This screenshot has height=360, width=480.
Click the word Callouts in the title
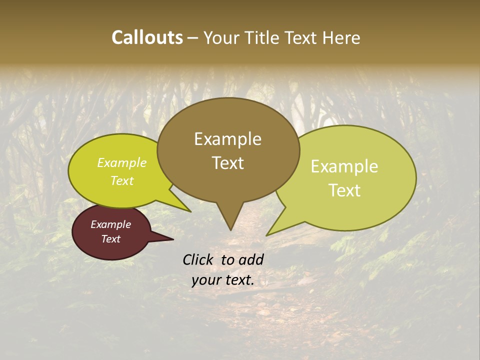click(x=147, y=37)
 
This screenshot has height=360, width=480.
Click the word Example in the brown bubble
click(x=227, y=139)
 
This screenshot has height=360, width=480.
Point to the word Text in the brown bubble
click(x=227, y=163)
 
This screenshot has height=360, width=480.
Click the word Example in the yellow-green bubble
click(x=122, y=163)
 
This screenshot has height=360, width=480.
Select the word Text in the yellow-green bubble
click(x=122, y=180)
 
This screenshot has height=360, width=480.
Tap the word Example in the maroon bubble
click(x=110, y=224)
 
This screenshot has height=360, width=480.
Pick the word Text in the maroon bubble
click(x=110, y=239)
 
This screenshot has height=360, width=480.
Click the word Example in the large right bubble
click(x=344, y=166)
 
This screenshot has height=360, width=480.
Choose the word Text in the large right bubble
click(x=344, y=190)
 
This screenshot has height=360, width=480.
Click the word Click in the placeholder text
click(x=199, y=259)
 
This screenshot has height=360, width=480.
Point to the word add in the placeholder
click(x=251, y=259)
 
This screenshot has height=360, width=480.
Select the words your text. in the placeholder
click(x=223, y=280)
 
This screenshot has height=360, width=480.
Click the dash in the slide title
click(x=193, y=38)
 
